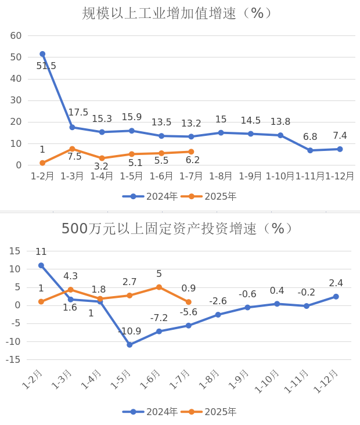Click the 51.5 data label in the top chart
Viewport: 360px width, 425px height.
pyautogui.click(x=46, y=66)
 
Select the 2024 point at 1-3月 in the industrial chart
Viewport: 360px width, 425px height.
pyautogui.click(x=72, y=127)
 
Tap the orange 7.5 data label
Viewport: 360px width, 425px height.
pyautogui.click(x=74, y=156)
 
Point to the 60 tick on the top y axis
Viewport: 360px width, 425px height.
pyautogui.click(x=16, y=35)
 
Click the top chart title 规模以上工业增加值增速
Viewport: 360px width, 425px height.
pyautogui.click(x=177, y=13)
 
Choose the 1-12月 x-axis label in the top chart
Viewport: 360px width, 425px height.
pyautogui.click(x=340, y=176)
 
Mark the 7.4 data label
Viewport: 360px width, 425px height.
pyautogui.click(x=340, y=136)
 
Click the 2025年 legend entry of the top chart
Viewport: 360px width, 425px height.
pyautogui.click(x=210, y=196)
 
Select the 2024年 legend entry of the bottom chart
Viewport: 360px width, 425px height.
pyautogui.click(x=151, y=412)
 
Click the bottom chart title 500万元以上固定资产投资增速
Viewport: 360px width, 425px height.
pyautogui.click(x=177, y=229)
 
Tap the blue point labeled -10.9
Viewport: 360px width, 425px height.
pyautogui.click(x=129, y=345)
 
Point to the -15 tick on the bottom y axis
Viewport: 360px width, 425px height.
pyautogui.click(x=13, y=359)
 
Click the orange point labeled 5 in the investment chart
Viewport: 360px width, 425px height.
pyautogui.click(x=159, y=287)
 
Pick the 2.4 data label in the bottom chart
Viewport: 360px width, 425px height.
pyautogui.click(x=336, y=283)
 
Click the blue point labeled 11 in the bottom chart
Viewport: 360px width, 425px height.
pyautogui.click(x=41, y=265)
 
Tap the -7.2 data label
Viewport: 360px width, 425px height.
pyautogui.click(x=159, y=318)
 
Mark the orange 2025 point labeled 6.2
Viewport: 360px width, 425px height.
pyautogui.click(x=191, y=152)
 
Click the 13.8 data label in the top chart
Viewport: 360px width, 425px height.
pyautogui.click(x=280, y=121)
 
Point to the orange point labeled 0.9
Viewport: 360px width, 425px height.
pyautogui.click(x=189, y=302)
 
